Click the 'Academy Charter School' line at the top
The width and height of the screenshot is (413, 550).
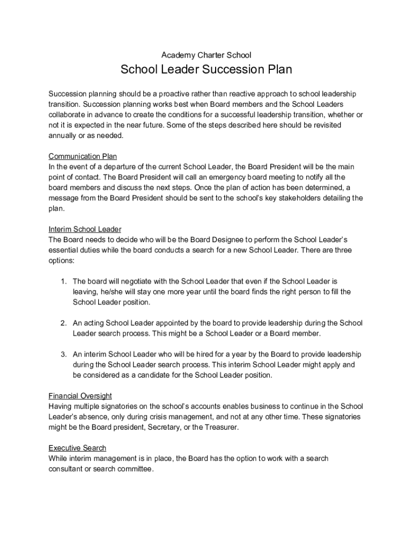click(x=206, y=55)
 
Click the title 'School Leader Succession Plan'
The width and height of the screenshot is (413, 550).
click(x=206, y=70)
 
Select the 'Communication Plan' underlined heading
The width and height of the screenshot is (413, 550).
click(x=83, y=156)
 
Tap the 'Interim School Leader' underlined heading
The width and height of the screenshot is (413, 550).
click(x=85, y=229)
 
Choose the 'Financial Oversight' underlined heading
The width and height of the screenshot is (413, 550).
click(x=80, y=396)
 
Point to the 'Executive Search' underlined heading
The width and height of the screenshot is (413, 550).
click(x=77, y=448)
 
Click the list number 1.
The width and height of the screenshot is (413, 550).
click(x=63, y=281)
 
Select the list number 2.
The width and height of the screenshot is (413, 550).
click(x=63, y=323)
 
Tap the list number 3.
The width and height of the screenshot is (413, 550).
click(x=63, y=354)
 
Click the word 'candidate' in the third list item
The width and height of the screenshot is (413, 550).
click(x=154, y=375)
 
